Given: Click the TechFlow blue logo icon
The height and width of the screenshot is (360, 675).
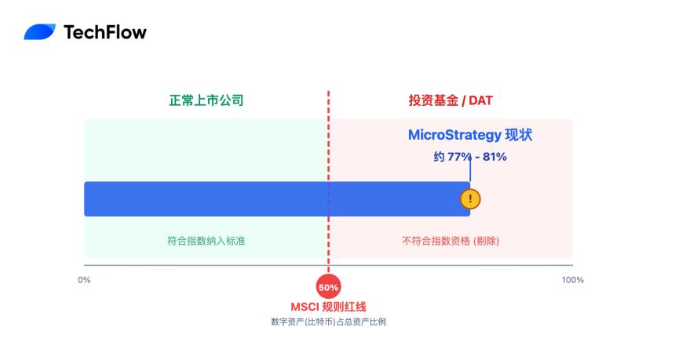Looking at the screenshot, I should [39, 32].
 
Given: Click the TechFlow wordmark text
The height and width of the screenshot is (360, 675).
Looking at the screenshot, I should [104, 32].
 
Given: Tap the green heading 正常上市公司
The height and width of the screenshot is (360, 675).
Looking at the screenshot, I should [206, 100].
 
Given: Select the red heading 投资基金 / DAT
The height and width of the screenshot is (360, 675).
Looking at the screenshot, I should [451, 100].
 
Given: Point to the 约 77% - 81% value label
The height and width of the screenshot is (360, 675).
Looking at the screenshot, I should [470, 157].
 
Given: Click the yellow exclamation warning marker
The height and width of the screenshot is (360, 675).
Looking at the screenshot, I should [470, 199].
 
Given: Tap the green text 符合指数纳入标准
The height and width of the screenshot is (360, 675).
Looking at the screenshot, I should [206, 241].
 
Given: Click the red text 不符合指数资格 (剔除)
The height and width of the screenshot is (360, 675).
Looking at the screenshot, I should [451, 241].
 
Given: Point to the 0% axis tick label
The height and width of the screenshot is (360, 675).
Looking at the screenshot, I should [84, 280].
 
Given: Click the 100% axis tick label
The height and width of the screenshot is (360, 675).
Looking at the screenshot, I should [572, 280].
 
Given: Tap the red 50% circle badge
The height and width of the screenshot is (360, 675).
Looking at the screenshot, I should [329, 287].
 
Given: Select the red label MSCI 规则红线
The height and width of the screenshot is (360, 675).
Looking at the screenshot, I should [329, 307].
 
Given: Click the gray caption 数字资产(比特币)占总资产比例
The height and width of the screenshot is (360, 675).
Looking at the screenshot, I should [329, 322].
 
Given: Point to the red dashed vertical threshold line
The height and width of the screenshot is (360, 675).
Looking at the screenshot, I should [329, 157].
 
